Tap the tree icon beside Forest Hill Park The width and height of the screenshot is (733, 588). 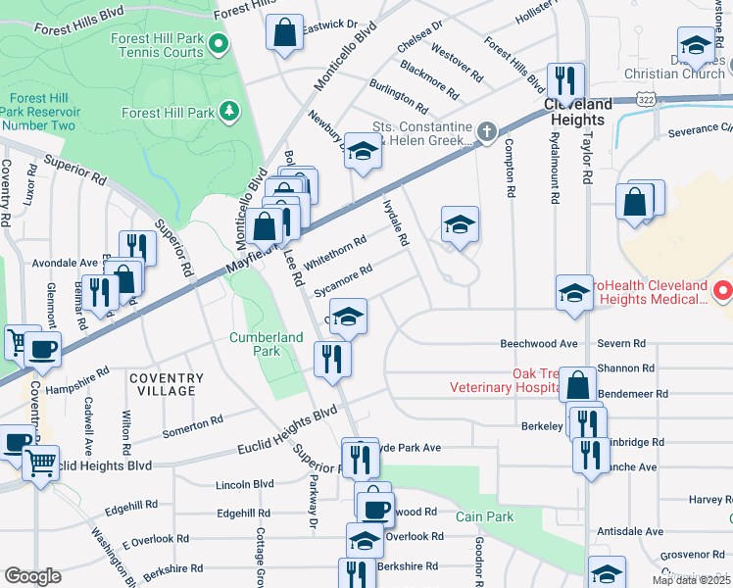(230, 111)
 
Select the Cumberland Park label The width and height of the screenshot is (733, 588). (266, 344)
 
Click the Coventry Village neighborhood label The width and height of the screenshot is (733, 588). (165, 384)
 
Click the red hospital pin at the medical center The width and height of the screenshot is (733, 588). (722, 291)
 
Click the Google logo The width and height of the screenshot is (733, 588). (33, 575)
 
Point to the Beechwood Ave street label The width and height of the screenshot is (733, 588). (539, 344)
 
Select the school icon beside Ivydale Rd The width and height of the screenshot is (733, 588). (460, 224)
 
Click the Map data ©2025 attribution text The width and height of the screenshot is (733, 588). (691, 580)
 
